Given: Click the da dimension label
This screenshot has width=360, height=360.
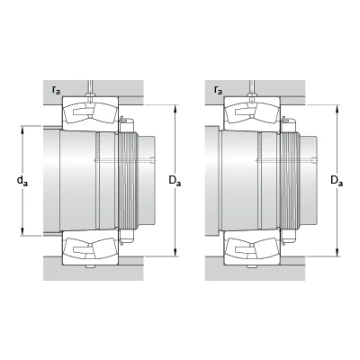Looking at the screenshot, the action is pos(22,181).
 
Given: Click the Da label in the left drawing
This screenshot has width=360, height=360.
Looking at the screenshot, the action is pos(175,181).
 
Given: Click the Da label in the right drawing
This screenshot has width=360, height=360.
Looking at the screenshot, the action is pos(337,181).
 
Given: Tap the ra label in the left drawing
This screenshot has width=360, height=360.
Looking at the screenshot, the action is pos(56,90).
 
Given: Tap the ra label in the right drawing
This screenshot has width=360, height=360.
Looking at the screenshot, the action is pos(219,90).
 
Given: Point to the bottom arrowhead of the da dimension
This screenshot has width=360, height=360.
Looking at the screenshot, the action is pos(22,231).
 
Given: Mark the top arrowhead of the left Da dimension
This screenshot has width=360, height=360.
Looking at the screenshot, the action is pos(175,109).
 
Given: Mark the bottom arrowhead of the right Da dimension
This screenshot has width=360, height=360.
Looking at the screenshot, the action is pos(337,252).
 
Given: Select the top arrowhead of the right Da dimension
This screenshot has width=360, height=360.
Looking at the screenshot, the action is pos(337,109).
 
